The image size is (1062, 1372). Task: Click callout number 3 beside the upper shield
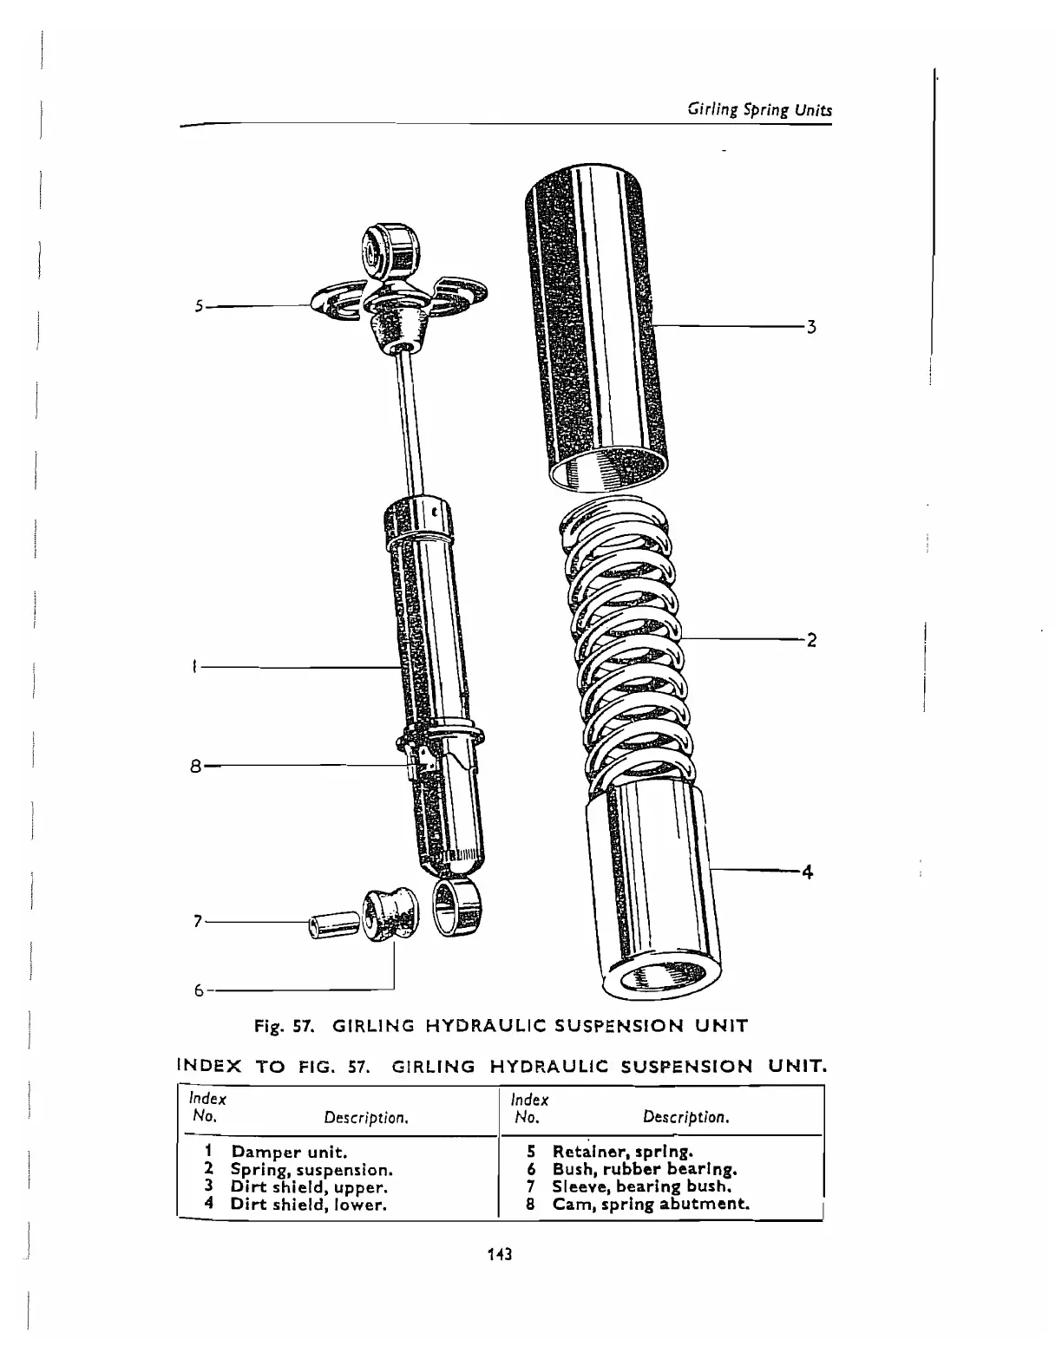coord(810,328)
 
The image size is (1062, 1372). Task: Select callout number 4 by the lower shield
coord(807,872)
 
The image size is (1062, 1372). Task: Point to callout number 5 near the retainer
coord(199,306)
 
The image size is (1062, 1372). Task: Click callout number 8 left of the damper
coord(196,767)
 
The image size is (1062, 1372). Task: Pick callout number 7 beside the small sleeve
coord(198,921)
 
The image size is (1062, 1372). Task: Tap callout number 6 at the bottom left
coord(198,990)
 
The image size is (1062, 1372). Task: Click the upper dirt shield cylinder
coord(599,330)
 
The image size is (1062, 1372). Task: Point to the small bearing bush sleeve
coord(333,925)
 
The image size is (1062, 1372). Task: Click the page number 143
coord(500,1254)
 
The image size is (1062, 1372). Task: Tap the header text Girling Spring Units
coord(759,110)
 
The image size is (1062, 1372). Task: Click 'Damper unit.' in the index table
coord(289,1153)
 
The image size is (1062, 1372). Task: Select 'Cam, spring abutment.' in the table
coord(651,1204)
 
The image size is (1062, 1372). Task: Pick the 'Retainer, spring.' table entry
coord(622,1153)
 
